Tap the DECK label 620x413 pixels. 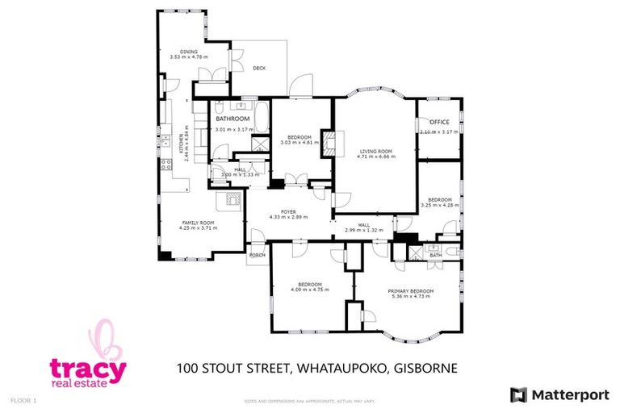[x=258, y=69]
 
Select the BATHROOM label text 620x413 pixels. [x=232, y=119]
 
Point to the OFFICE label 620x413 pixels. [x=439, y=122]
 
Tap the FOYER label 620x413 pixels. [x=289, y=211]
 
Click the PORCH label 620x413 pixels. [x=258, y=256]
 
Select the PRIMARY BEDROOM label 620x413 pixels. [x=410, y=290]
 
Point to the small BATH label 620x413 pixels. [x=435, y=255]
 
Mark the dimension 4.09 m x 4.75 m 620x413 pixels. [x=310, y=290]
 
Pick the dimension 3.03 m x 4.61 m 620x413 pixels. [x=295, y=143]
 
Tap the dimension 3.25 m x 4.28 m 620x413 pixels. [x=439, y=206]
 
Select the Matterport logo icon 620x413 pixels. [x=517, y=394]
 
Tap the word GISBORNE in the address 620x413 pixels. [x=426, y=369]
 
